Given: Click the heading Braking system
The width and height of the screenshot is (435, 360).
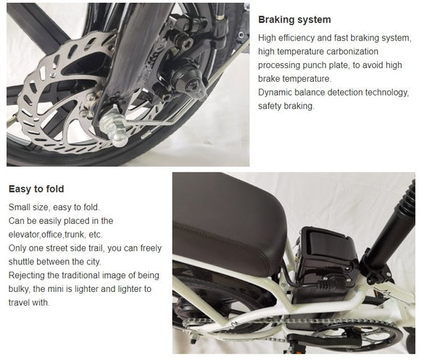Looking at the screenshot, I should [x=294, y=20].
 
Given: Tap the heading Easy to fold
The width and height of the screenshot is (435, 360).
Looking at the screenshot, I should [x=36, y=189].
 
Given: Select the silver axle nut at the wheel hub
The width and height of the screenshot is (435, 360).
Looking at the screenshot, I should [x=112, y=120].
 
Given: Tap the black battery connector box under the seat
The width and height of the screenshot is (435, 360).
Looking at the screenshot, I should [x=326, y=261].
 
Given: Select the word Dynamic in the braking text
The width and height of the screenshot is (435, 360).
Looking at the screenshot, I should [x=276, y=93].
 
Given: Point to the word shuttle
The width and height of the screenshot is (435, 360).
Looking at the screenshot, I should [x=23, y=261].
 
